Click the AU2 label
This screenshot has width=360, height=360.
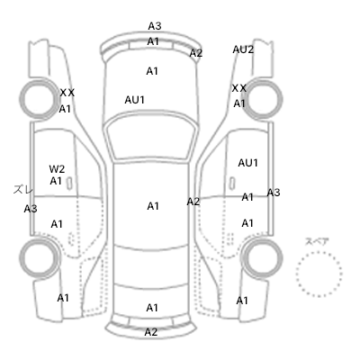point(243,49)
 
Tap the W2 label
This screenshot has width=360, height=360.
point(57,169)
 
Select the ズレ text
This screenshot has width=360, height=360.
point(23,190)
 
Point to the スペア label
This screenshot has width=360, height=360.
point(317,241)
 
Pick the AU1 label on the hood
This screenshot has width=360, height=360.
point(135,100)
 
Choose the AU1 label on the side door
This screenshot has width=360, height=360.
point(248,163)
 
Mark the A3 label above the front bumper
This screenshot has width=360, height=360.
point(155,26)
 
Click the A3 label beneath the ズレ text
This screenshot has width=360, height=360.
point(31,209)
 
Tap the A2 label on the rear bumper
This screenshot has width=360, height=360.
point(151,332)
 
